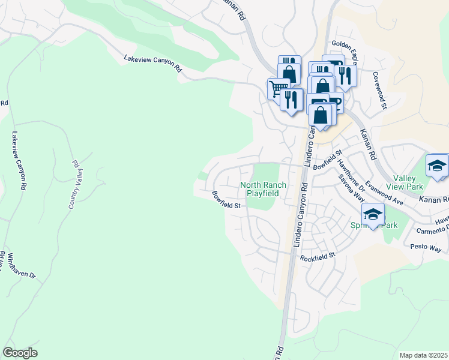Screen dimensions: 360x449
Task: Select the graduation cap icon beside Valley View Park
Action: click(437, 166)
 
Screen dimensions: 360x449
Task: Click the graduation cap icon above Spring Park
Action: click(373, 214)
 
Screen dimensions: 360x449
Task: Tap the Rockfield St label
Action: click(317, 256)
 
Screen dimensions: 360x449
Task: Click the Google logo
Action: click(20, 352)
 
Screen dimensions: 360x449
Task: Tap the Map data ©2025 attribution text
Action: click(423, 355)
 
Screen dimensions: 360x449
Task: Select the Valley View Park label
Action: click(408, 183)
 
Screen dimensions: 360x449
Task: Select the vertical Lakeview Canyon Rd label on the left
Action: click(16, 161)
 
